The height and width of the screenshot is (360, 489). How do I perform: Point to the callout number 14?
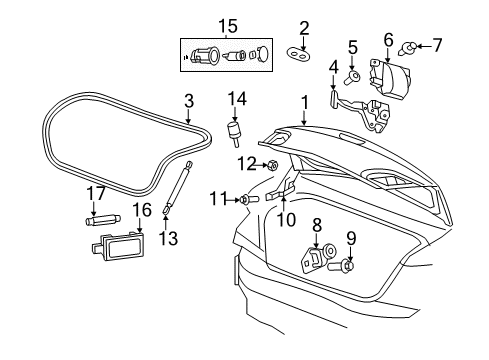pyautogui.click(x=237, y=99)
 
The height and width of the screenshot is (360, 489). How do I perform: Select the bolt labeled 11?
pyautogui.click(x=244, y=201)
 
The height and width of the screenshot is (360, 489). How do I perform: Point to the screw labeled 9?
pyautogui.click(x=348, y=266)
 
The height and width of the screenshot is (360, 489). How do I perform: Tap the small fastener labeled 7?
pyautogui.click(x=411, y=46)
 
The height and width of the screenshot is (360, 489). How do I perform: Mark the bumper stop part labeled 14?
pyautogui.click(x=237, y=129)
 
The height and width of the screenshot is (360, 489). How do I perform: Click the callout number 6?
pyautogui.click(x=387, y=39)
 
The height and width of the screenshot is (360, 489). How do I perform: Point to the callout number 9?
pyautogui.click(x=350, y=239)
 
